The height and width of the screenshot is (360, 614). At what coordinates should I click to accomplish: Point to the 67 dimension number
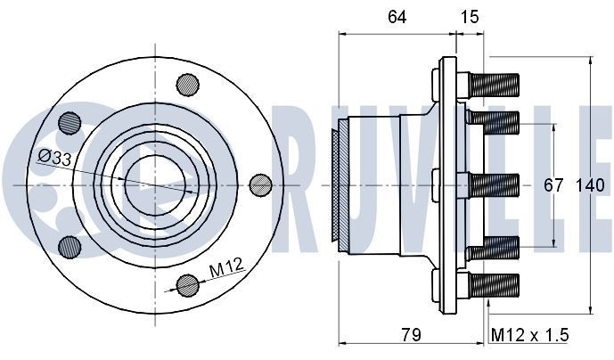pos(553,185)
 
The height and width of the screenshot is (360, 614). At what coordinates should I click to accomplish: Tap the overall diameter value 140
pos(591,185)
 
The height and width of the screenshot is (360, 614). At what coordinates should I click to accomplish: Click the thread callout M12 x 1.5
pos(529,335)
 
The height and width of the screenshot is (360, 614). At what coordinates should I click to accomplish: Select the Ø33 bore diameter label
pos(54,157)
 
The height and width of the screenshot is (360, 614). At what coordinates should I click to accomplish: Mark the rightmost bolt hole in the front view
pos(259,184)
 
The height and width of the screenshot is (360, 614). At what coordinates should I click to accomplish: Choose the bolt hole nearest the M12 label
pos(187,285)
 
